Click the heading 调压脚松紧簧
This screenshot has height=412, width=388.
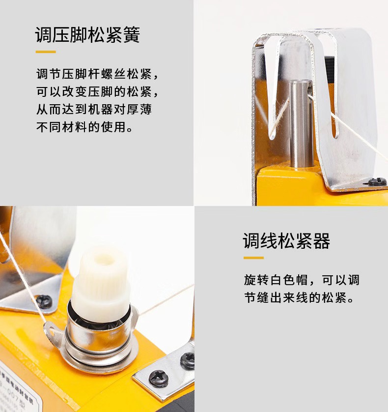click(x=87, y=35)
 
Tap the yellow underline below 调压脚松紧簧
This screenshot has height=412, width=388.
click(x=46, y=52)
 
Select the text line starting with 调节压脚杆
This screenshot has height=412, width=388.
click(x=98, y=74)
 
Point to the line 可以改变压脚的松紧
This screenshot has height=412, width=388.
click(x=98, y=92)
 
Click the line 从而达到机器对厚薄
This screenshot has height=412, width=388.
click(x=94, y=109)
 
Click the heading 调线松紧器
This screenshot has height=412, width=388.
click(x=286, y=241)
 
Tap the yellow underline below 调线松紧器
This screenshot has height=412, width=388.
click(x=253, y=258)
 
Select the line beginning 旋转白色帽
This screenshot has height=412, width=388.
click(x=302, y=280)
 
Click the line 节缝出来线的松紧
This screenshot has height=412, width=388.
click(x=299, y=298)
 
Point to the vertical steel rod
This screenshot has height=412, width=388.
click(x=301, y=123)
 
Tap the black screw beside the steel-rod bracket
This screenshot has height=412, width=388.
click(x=377, y=181)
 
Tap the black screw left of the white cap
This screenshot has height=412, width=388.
click(x=44, y=301)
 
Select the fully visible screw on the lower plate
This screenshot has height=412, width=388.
click(x=158, y=379)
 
